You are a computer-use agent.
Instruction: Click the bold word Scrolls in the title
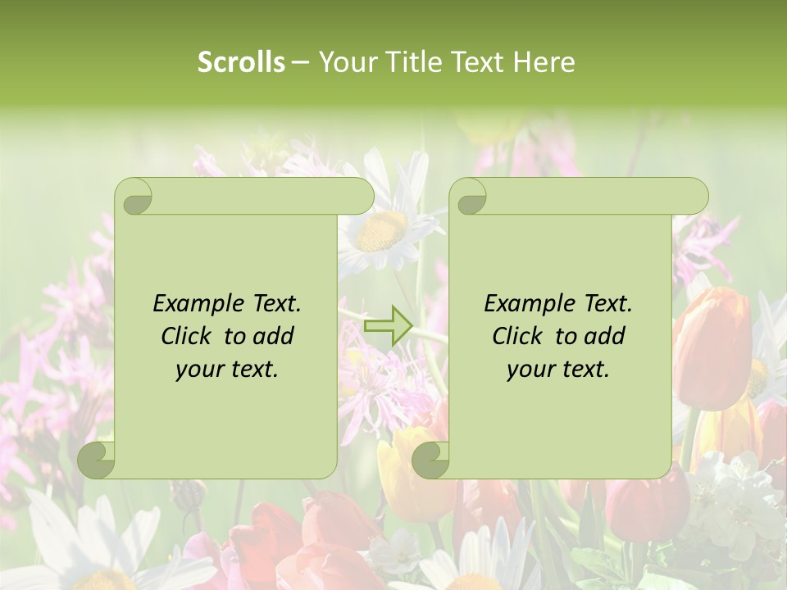pos(241,62)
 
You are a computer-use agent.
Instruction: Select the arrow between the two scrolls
pos(387,325)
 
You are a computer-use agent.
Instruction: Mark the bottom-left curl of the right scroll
pos(430,460)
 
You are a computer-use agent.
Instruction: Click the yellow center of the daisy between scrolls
pos(383,230)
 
